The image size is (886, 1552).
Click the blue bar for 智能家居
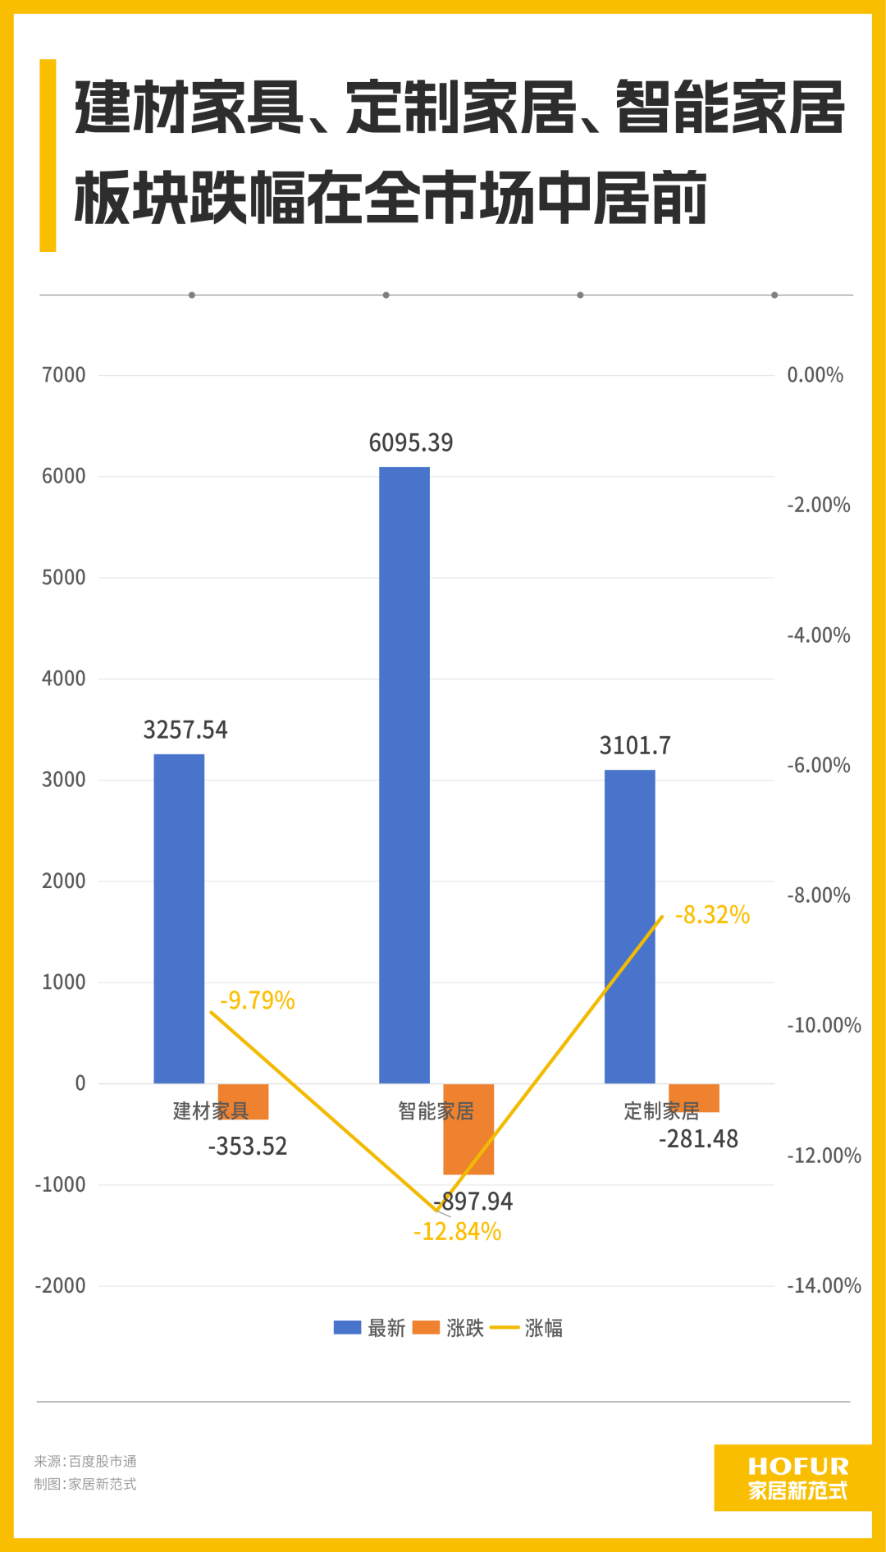[404, 775]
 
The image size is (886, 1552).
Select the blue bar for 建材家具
[179, 918]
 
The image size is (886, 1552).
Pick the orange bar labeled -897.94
[468, 1129]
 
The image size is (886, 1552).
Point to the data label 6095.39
[411, 443]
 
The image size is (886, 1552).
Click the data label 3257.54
[185, 730]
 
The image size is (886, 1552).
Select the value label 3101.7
[635, 745]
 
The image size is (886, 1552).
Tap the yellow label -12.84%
[457, 1232]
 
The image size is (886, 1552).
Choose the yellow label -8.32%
[712, 915]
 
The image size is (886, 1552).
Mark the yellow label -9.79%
[258, 1000]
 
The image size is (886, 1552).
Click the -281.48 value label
[698, 1139]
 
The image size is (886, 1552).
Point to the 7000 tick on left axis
[64, 375]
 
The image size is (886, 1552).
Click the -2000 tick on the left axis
[60, 1286]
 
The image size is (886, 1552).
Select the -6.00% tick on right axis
[818, 766]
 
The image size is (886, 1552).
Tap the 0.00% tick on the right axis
[815, 375]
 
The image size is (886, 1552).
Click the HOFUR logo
[797, 1477]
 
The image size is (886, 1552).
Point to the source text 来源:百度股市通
[85, 1461]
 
